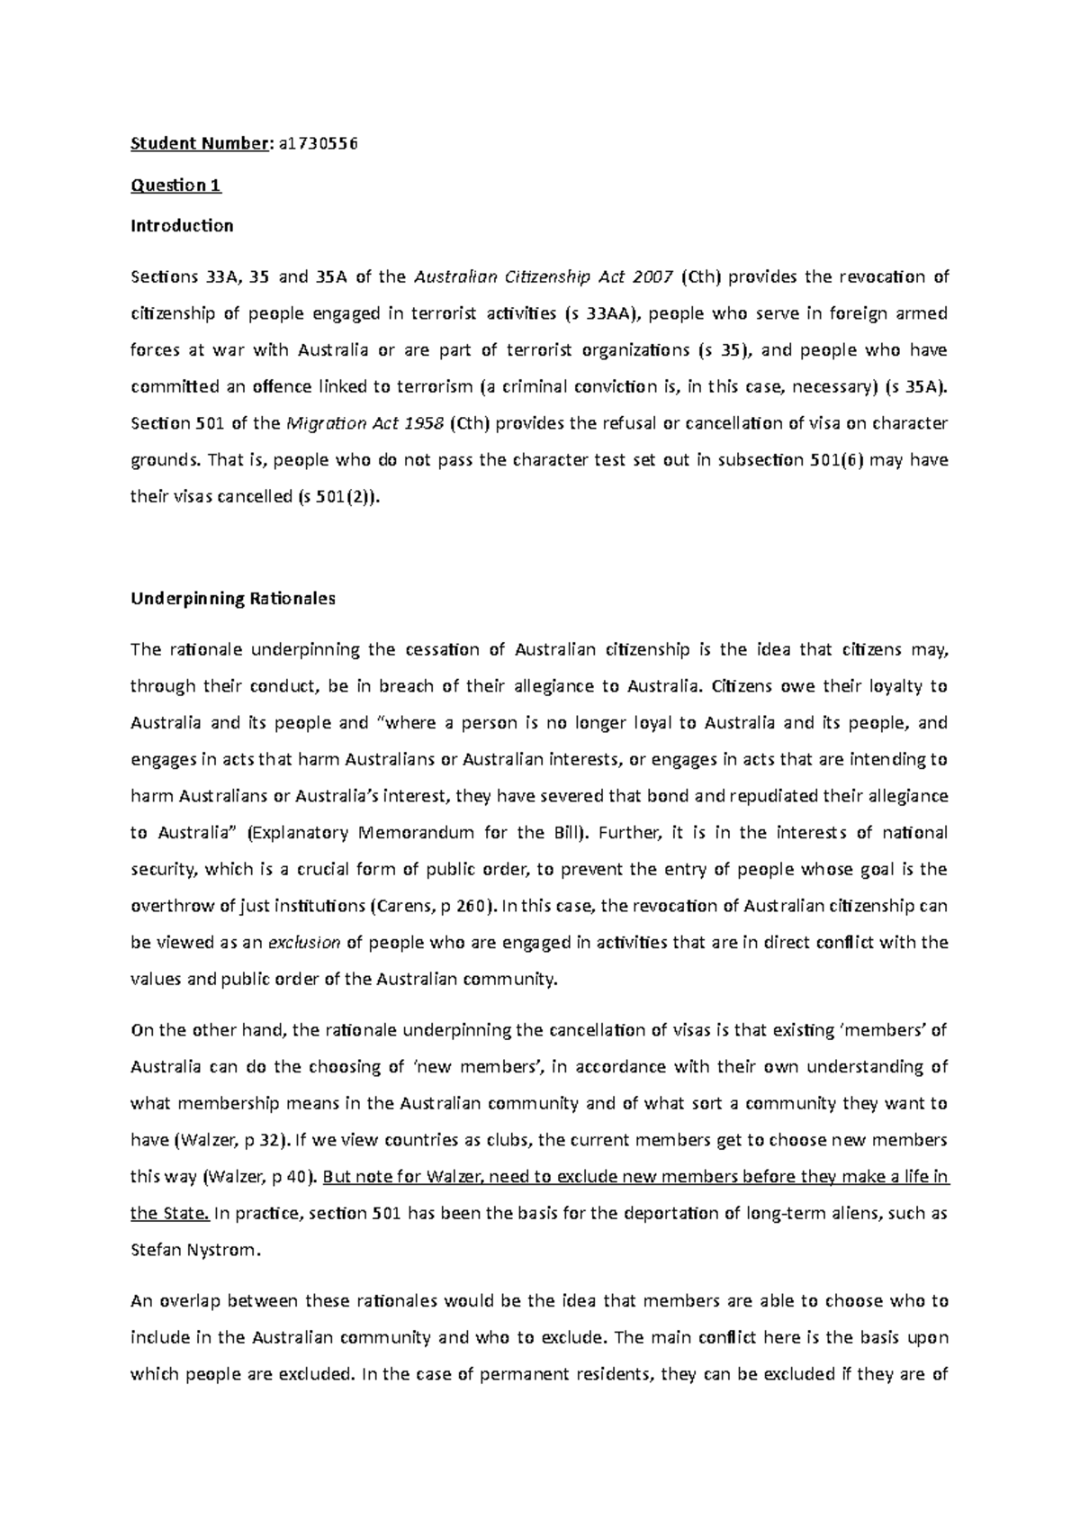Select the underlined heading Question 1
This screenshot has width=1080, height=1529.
click(x=175, y=185)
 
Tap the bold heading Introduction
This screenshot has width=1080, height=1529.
click(x=182, y=226)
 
